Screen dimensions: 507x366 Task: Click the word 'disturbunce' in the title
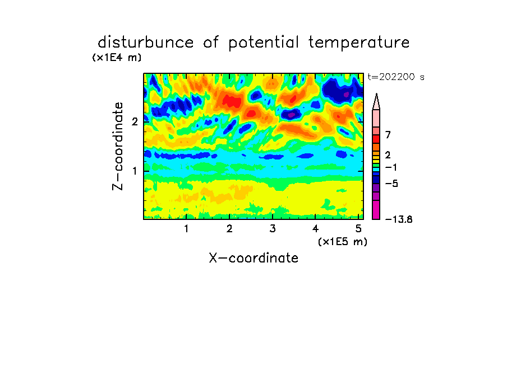(x=146, y=43)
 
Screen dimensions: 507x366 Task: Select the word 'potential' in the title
(x=264, y=43)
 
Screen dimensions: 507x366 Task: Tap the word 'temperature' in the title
(x=359, y=43)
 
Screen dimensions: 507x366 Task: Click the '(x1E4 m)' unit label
(x=117, y=58)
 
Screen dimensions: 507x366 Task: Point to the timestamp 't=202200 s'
(x=396, y=77)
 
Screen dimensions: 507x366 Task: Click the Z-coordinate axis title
(x=118, y=146)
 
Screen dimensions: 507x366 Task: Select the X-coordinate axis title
(x=253, y=258)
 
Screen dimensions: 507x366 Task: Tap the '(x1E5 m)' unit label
(x=343, y=241)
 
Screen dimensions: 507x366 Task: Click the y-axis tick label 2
(x=135, y=122)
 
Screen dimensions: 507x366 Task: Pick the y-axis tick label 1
(x=135, y=171)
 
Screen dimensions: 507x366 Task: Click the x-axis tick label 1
(x=186, y=229)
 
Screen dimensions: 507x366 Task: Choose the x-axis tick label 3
(x=273, y=229)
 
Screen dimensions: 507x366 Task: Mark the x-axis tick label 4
(x=316, y=229)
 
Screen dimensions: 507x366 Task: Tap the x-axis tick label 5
(x=358, y=229)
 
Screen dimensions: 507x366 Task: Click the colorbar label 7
(x=388, y=135)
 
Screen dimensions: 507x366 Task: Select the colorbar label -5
(x=391, y=184)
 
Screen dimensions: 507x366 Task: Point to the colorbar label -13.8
(x=399, y=219)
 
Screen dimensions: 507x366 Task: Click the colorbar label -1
(x=391, y=167)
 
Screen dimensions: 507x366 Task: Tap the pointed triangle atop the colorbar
(x=376, y=102)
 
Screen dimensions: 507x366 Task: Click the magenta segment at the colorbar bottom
(x=376, y=210)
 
